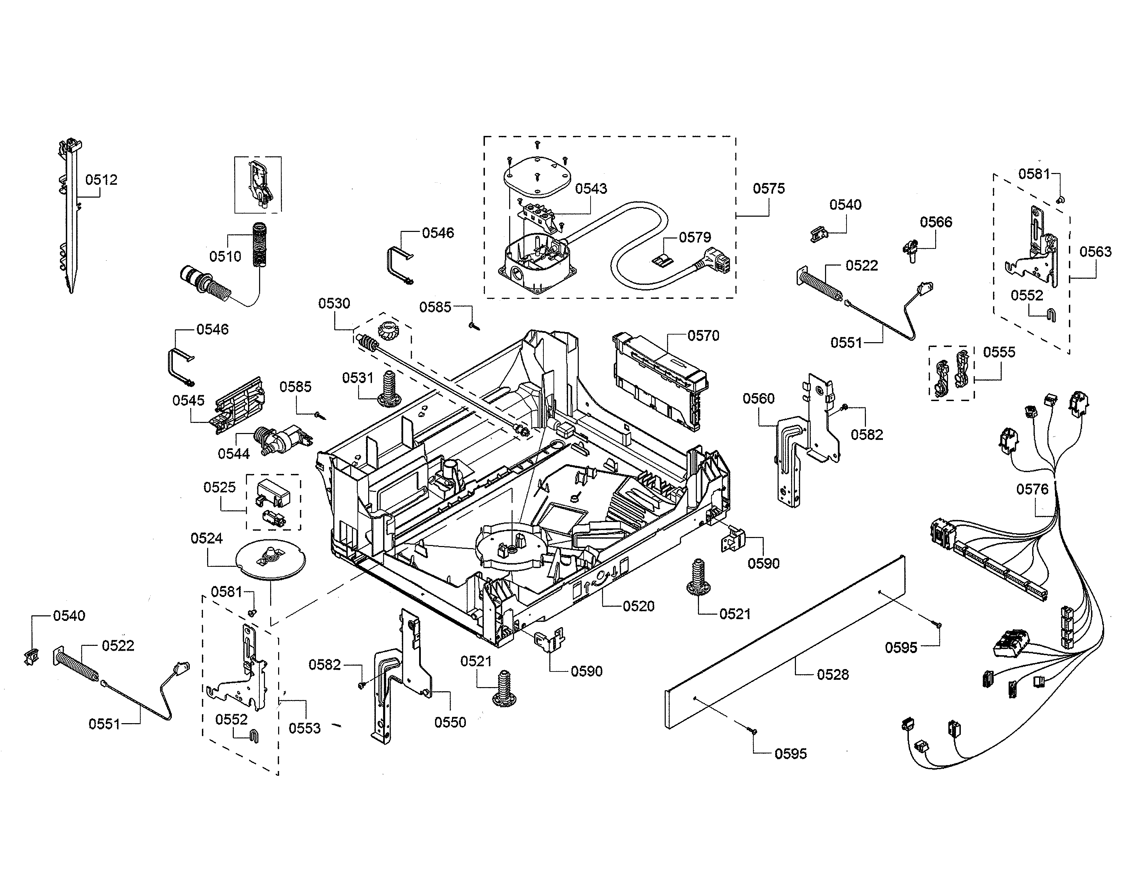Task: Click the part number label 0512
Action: pos(101,180)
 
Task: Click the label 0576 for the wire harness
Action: pos(1032,489)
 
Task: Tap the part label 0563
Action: pos(1095,252)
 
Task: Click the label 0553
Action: pos(304,728)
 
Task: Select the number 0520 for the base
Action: pos(638,606)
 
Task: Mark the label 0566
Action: pos(936,222)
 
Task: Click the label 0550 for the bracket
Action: pos(450,723)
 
